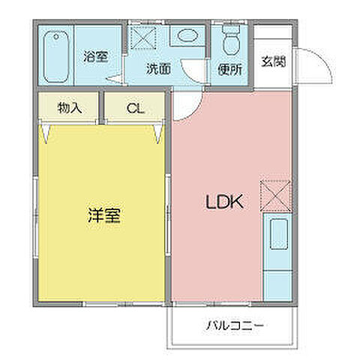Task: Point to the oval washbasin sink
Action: coord(185,36)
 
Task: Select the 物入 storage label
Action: coord(69,108)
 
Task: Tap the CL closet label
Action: coord(134,108)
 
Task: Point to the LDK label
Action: coord(223,202)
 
